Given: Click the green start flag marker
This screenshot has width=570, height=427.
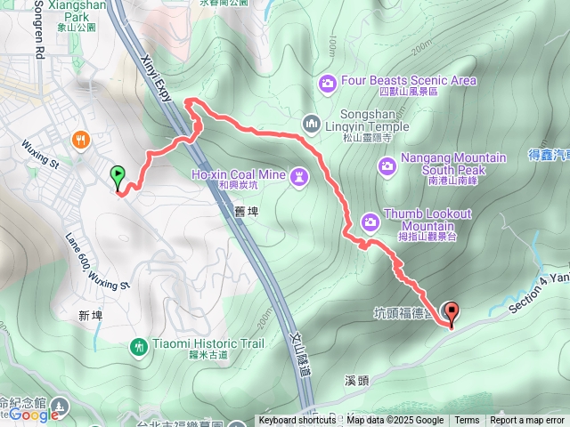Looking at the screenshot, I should click(x=117, y=175).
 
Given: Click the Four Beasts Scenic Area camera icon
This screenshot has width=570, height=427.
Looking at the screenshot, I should click(x=328, y=84).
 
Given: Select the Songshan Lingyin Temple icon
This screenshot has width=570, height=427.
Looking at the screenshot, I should click(x=310, y=123).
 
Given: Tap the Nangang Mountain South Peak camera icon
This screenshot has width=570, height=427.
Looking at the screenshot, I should click(x=387, y=165).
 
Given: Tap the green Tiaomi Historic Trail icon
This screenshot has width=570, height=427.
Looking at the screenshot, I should click(x=138, y=345).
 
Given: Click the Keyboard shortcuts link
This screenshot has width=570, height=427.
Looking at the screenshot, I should click(x=297, y=421).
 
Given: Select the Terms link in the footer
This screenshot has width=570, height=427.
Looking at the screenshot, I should click(x=467, y=421).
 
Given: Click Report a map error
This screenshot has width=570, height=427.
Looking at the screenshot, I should click(x=527, y=421).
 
